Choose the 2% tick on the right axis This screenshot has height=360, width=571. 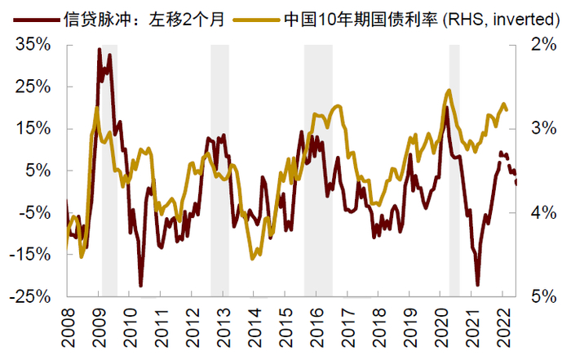[x=542, y=45]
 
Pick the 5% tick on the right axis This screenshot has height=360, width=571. [x=542, y=296]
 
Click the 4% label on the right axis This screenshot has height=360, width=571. [x=542, y=212]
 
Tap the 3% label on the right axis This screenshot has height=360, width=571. [x=542, y=129]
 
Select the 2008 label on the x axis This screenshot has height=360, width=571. [x=69, y=327]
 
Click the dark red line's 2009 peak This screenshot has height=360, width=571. [x=100, y=50]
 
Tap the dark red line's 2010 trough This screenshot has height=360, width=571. [x=140, y=285]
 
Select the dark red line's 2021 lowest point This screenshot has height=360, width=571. [x=478, y=285]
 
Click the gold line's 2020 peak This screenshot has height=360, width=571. [x=449, y=91]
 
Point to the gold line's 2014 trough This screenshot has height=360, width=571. [x=253, y=258]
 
